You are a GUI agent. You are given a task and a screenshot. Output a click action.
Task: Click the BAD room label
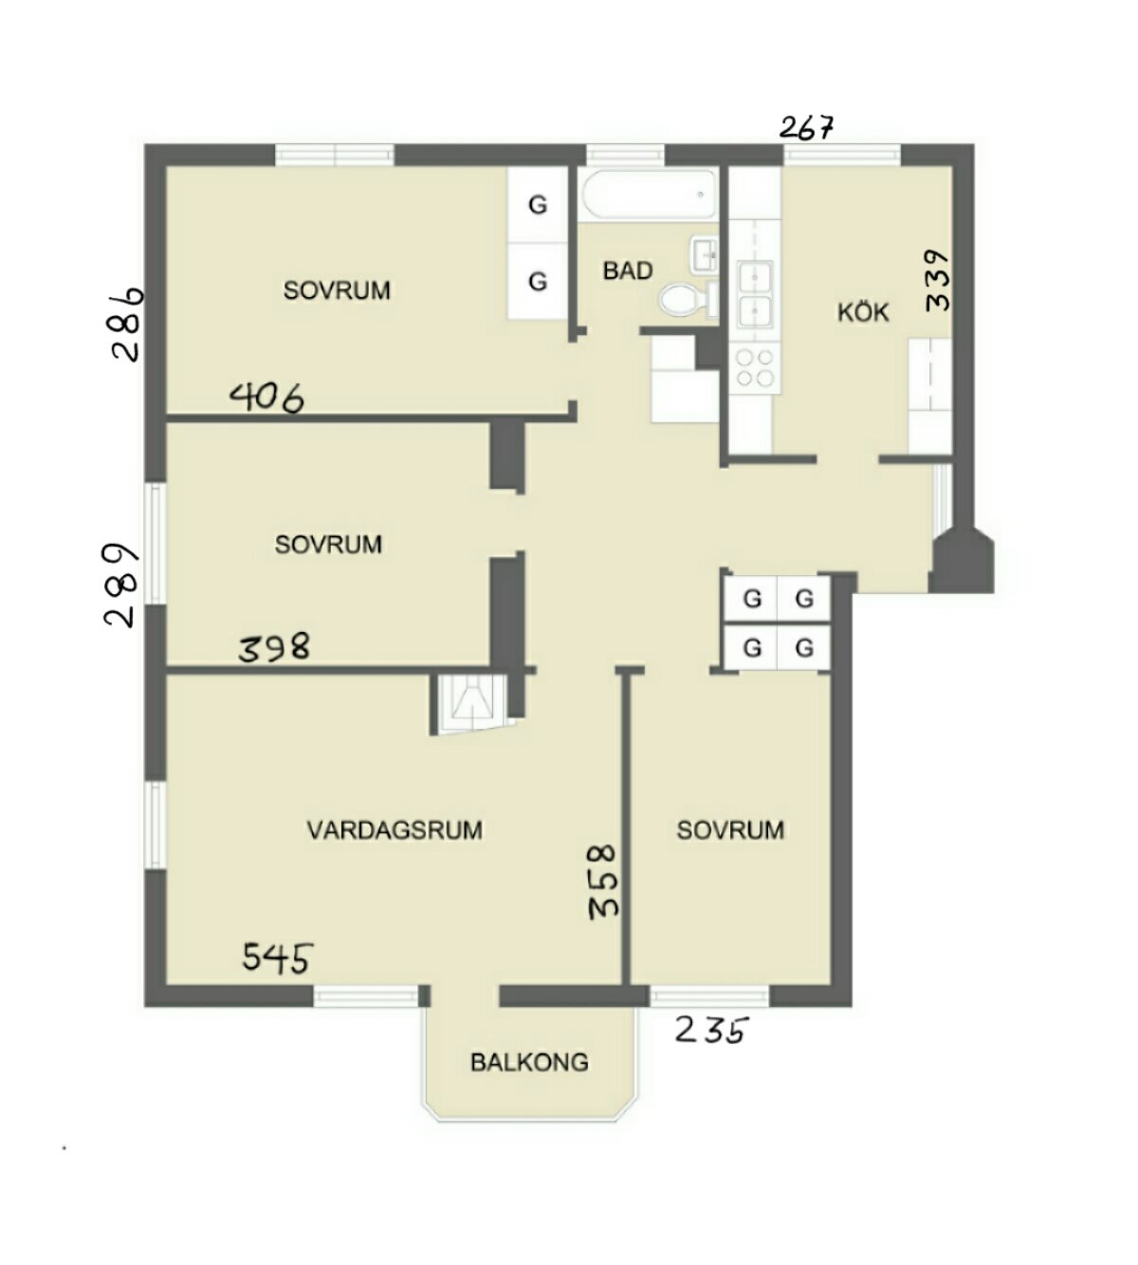point(627,271)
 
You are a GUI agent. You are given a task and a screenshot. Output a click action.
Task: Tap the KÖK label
point(863,312)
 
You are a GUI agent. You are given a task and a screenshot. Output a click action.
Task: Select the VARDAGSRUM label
point(395,830)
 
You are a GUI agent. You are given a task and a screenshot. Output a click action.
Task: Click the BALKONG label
point(529,1063)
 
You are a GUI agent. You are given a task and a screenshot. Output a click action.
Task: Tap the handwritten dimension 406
point(266,398)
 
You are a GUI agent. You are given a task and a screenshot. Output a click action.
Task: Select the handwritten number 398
point(274,647)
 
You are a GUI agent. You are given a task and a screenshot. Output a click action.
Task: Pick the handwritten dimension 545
point(278,958)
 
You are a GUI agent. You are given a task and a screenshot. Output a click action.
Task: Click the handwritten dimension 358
point(603,883)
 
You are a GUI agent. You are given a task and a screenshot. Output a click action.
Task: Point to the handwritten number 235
point(711,1031)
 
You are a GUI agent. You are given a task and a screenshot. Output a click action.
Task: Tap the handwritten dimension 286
point(127,325)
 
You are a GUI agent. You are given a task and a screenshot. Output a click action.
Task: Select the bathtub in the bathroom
point(650,195)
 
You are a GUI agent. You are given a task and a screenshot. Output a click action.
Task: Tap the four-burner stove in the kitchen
point(755,367)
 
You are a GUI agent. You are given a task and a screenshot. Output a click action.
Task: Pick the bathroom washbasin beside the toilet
point(705,255)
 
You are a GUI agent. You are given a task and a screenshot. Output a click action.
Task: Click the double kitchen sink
point(755,294)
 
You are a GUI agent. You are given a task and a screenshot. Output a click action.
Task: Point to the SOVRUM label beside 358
point(730,830)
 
